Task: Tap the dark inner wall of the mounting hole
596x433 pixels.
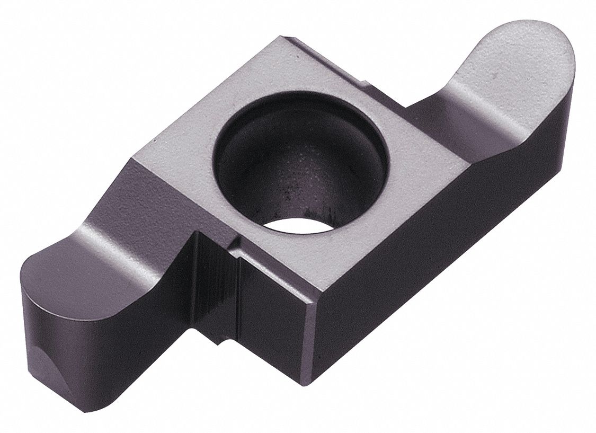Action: (275, 159)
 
